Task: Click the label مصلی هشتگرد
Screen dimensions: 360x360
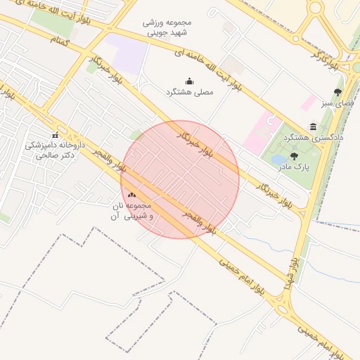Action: [188, 92]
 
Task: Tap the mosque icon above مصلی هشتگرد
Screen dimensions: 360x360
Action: [188, 81]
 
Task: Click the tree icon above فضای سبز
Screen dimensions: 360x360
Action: [337, 92]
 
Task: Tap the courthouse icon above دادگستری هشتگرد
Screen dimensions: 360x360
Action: [313, 127]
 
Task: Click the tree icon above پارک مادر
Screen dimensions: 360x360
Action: [293, 156]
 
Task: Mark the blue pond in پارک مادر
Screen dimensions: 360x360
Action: [278, 160]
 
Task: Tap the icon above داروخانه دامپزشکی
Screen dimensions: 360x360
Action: [55, 135]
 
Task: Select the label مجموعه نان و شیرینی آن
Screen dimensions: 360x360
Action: [131, 211]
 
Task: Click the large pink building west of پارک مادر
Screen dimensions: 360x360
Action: [257, 131]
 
